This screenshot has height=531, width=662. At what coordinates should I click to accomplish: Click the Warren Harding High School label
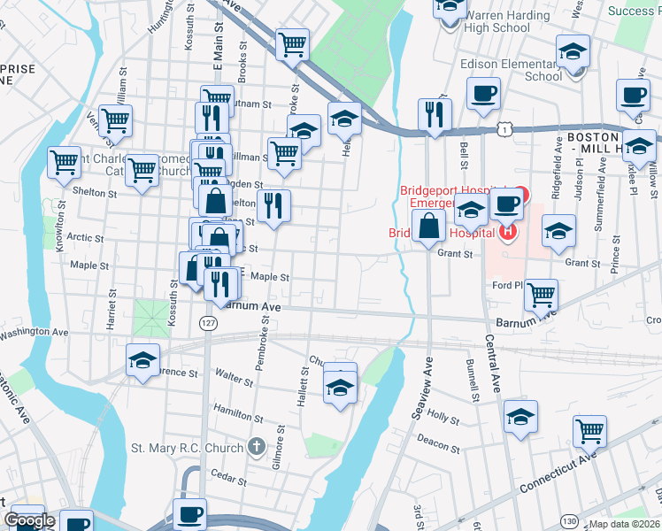(x=496, y=21)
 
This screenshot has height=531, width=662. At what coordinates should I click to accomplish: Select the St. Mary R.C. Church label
(x=188, y=448)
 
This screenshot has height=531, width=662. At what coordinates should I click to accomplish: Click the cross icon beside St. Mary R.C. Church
(x=257, y=447)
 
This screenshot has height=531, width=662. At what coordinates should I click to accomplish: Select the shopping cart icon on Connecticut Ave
(x=589, y=431)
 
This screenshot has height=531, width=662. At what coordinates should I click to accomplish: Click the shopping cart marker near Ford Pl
(x=541, y=295)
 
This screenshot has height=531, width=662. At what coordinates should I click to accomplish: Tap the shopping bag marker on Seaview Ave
(x=429, y=226)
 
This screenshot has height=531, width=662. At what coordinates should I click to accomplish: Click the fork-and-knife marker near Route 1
(x=435, y=113)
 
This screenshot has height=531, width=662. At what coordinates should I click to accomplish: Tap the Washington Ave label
(x=35, y=334)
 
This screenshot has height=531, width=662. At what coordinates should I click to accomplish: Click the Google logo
(x=28, y=520)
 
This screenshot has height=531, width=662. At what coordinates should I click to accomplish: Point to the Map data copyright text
(x=625, y=524)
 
